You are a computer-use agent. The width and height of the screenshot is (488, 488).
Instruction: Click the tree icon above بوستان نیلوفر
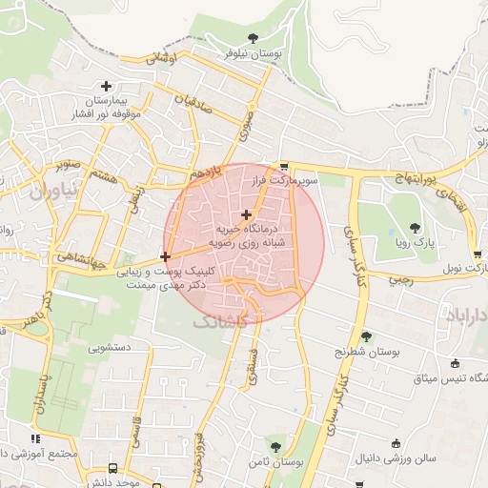(253, 38)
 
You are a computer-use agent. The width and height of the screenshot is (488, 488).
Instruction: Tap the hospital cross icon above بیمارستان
(106, 87)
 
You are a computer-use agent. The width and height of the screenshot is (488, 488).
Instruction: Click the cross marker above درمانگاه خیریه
(247, 214)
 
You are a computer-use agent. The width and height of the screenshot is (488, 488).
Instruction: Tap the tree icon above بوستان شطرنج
(367, 335)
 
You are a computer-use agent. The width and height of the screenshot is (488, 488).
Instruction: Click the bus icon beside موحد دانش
(114, 469)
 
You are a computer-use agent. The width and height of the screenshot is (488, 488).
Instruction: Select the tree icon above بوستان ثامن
(275, 446)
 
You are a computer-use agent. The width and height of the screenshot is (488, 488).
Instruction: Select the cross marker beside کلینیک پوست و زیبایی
(166, 256)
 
